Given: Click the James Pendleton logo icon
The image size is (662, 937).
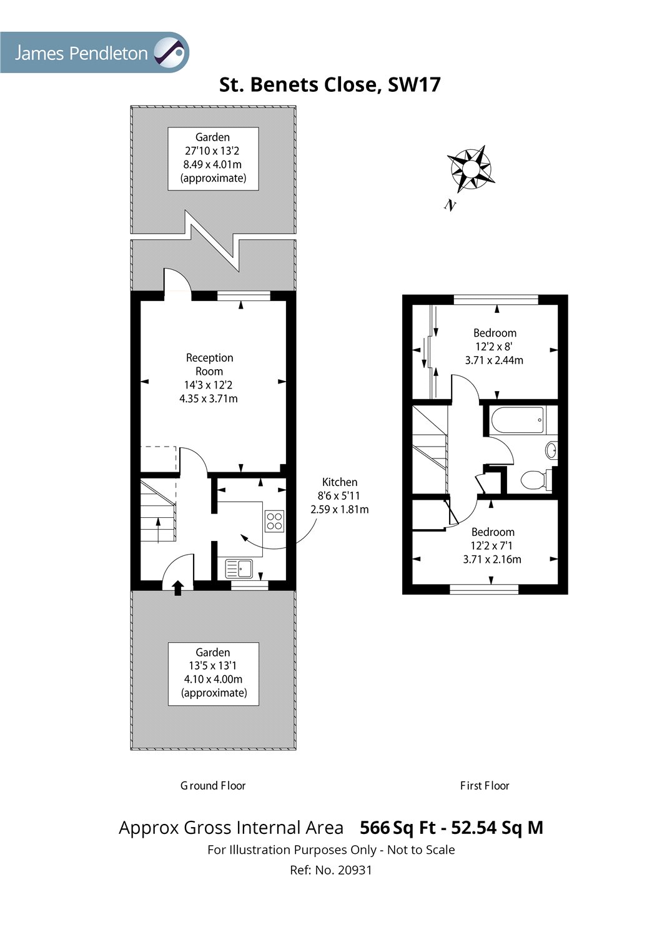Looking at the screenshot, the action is pos(170,52).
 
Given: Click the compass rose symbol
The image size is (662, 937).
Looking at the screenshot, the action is pos(470,169).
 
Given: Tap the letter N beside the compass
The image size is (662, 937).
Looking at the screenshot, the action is pos(449,205).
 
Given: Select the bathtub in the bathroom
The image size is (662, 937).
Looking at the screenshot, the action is pos(516,420).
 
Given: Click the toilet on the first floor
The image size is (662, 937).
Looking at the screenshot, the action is pos(534,480).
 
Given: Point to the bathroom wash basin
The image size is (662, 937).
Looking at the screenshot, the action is pos(551,450).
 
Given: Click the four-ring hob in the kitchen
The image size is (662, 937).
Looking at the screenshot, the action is pos(275,521).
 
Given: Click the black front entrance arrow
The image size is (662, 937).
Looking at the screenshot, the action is pos(177,587).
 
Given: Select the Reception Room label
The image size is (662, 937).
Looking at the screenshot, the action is pos(209,378).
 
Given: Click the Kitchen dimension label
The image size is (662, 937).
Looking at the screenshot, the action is pos(340,495).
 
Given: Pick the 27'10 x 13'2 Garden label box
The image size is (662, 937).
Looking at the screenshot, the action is pos(213,158).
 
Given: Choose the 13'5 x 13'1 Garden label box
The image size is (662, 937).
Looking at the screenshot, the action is pos(214,673).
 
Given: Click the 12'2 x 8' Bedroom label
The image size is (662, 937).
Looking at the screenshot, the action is pos(495,347).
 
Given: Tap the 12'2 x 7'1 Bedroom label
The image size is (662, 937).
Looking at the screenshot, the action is pos(493,545).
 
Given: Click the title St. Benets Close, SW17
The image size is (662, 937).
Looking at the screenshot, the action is pos(330,85).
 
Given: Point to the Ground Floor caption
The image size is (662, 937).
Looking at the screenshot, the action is pos(213,786).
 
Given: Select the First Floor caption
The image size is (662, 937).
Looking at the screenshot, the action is pos(485,786).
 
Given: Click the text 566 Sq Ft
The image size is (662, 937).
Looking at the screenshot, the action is pos(398,828).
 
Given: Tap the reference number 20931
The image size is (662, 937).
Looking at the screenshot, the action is pos(355,870).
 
